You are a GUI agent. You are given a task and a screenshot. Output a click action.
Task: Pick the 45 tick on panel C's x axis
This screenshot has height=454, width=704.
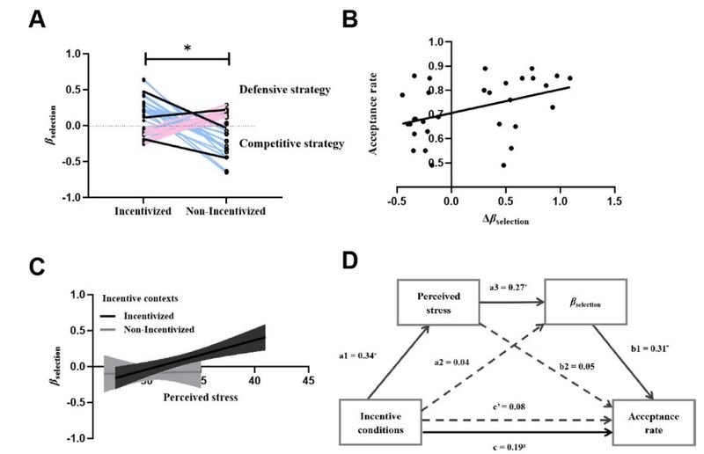tap(307, 381)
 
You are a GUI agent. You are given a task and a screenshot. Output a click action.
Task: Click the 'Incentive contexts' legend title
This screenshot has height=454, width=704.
tap(141, 297)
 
